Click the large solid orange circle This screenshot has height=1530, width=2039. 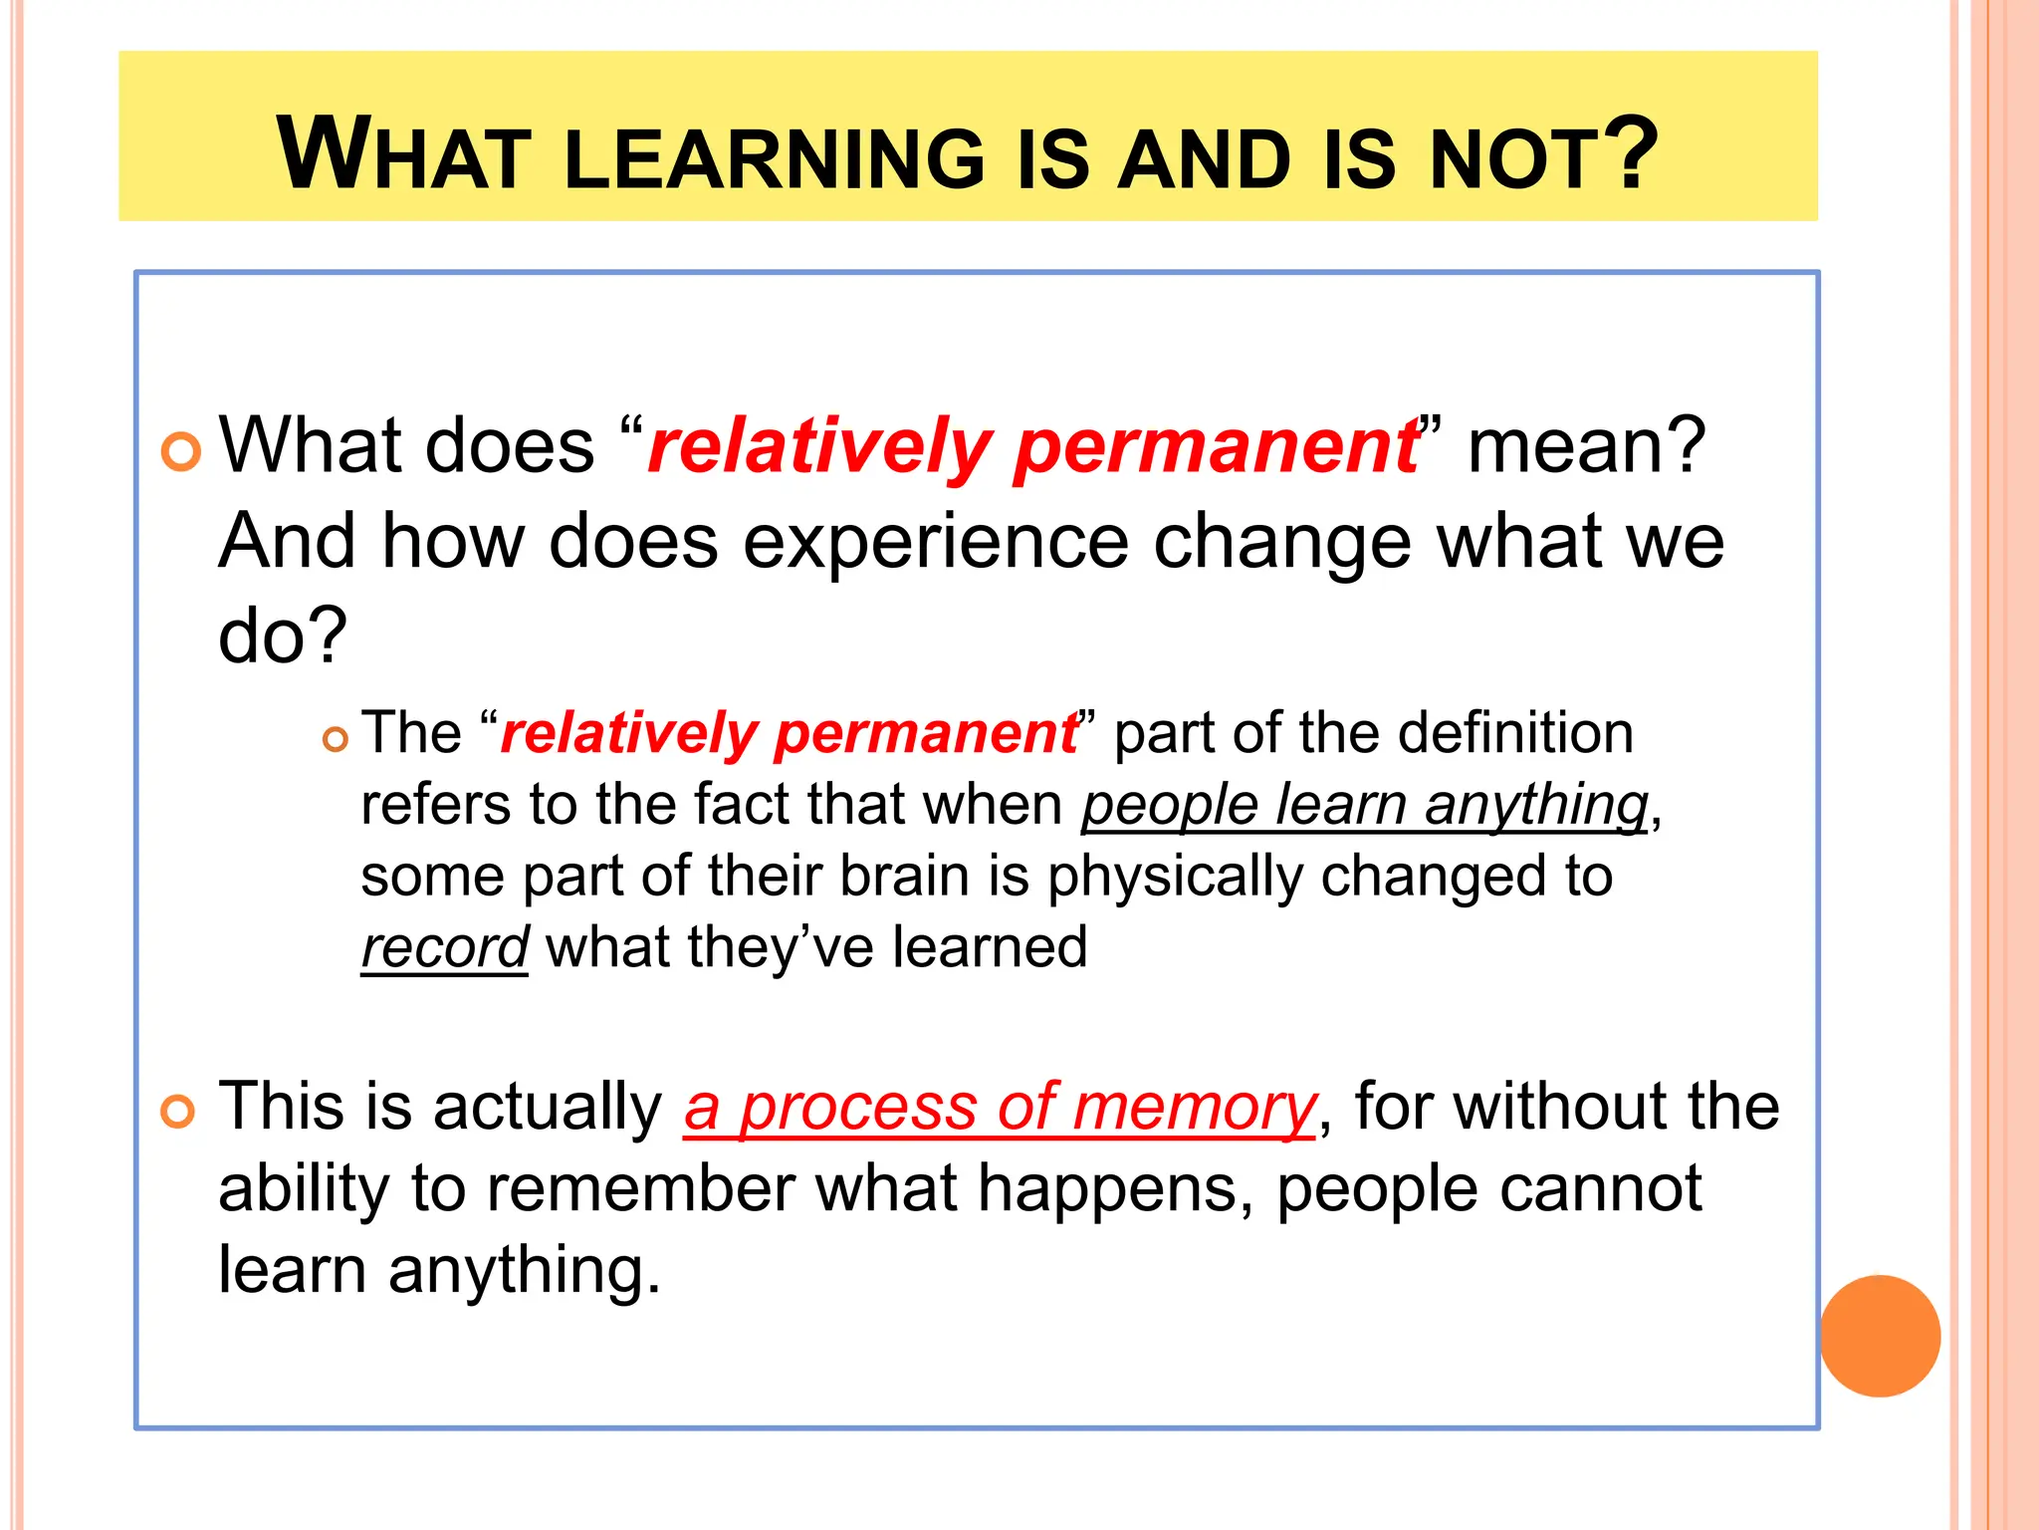pyautogui.click(x=1880, y=1336)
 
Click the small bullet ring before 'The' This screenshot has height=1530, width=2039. pyautogui.click(x=336, y=739)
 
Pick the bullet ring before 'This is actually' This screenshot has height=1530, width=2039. pyautogui.click(x=178, y=1112)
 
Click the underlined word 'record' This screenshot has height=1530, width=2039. pyautogui.click(x=444, y=947)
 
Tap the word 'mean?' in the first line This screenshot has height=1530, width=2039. pyautogui.click(x=1587, y=446)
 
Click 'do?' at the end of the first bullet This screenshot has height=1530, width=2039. pyautogui.click(x=283, y=636)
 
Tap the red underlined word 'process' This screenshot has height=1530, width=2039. pyautogui.click(x=858, y=1110)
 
